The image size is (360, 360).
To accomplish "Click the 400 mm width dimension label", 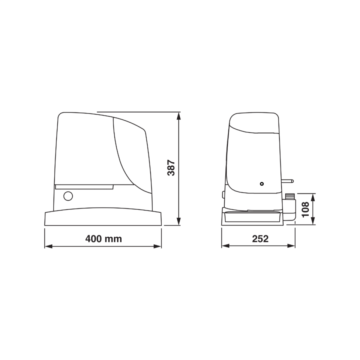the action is click(x=103, y=239).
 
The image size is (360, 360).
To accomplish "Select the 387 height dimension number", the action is click(x=171, y=168).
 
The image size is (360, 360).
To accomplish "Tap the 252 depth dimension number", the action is click(x=260, y=239).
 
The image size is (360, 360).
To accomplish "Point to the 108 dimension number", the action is click(x=305, y=209).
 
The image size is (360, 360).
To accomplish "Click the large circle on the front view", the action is click(x=68, y=196).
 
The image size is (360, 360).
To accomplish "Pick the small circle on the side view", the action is click(x=261, y=184).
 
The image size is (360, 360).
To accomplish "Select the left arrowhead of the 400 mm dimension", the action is click(x=48, y=246).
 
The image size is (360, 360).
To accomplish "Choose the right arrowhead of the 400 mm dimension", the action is click(x=157, y=246).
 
